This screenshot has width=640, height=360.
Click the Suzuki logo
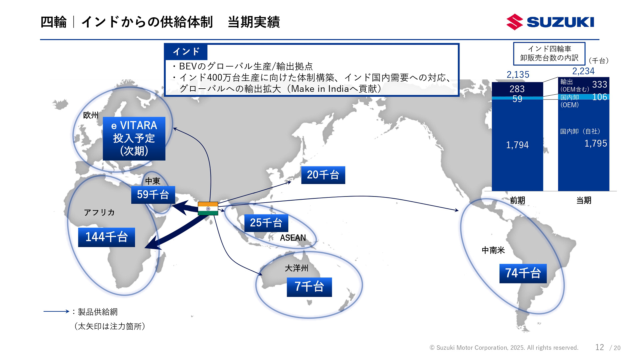[x=550, y=22]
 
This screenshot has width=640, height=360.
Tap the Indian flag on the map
[x=208, y=208]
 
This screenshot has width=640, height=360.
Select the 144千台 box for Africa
[x=106, y=237]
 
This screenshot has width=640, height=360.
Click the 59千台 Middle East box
[x=153, y=194]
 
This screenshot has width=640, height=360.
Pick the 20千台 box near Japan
[x=323, y=175]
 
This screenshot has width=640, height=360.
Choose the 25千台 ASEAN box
[x=266, y=223]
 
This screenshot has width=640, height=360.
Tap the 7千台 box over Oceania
[x=309, y=287]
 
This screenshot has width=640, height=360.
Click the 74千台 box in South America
[x=523, y=273]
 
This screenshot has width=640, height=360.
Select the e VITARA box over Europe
[x=134, y=138]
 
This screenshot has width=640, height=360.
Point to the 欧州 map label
[x=91, y=115]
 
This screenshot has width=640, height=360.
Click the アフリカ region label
[x=99, y=212]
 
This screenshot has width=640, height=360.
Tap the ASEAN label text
[x=293, y=238]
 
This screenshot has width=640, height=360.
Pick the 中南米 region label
[x=493, y=250]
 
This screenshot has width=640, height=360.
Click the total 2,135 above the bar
[x=518, y=75]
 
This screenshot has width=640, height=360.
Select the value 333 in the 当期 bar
[x=599, y=85]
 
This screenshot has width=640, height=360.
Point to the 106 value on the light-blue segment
[x=599, y=97]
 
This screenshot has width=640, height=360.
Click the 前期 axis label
[x=517, y=200]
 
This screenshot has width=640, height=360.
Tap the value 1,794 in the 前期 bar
[x=517, y=145]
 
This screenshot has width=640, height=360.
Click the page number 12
[x=599, y=347]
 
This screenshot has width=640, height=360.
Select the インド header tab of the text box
[x=186, y=52]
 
